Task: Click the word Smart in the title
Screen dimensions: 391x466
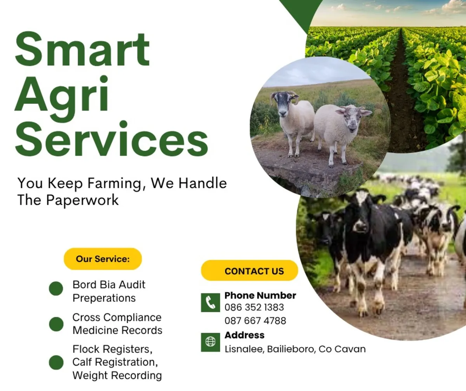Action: (82, 50)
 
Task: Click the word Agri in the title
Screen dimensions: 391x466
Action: (62, 94)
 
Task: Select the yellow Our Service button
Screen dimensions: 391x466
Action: (103, 259)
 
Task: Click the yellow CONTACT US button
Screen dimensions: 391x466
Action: (249, 271)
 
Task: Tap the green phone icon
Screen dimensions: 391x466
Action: (210, 302)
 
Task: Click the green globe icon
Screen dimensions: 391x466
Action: (210, 342)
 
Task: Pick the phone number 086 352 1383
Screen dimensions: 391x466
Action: (254, 307)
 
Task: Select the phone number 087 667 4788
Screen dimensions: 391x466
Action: (255, 321)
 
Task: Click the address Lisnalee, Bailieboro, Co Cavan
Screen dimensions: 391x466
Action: (295, 349)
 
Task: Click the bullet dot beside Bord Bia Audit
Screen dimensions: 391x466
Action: (56, 289)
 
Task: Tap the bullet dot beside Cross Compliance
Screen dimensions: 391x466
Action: (56, 324)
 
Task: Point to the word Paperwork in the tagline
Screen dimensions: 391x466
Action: (82, 200)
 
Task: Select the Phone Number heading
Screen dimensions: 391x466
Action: (260, 295)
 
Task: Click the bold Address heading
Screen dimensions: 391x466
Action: (244, 335)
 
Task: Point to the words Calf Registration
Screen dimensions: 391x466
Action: (115, 362)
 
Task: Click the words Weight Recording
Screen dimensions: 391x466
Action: (117, 376)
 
